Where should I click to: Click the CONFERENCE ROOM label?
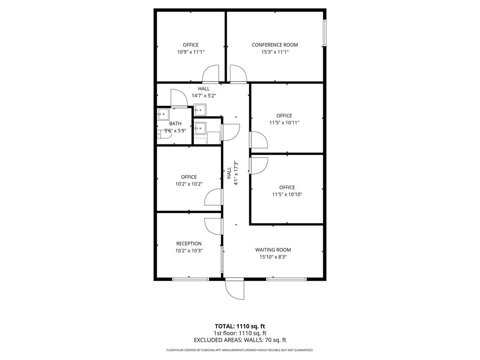pyautogui.click(x=275, y=45)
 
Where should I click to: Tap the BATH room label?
pyautogui.click(x=175, y=124)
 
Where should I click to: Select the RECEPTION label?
pyautogui.click(x=189, y=244)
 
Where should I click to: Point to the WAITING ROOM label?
pyautogui.click(x=273, y=250)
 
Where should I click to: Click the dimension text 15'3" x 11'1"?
pyautogui.click(x=275, y=52)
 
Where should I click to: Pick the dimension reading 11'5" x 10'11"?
pyautogui.click(x=284, y=123)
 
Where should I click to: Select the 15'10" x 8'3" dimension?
pyautogui.click(x=273, y=257)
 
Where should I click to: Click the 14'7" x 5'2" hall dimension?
pyautogui.click(x=204, y=96)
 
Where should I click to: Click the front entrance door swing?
pyautogui.click(x=234, y=289)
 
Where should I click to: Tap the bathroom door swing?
pyautogui.click(x=178, y=98)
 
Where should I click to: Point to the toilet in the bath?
pyautogui.click(x=164, y=134)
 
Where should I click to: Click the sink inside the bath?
pyautogui.click(x=162, y=114)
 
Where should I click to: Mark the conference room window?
pyautogui.click(x=325, y=32)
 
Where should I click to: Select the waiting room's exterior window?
pyautogui.click(x=286, y=279)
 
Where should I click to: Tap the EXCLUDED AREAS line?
pyautogui.click(x=240, y=340)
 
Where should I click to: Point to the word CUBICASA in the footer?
pyautogui.click(x=211, y=350)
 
